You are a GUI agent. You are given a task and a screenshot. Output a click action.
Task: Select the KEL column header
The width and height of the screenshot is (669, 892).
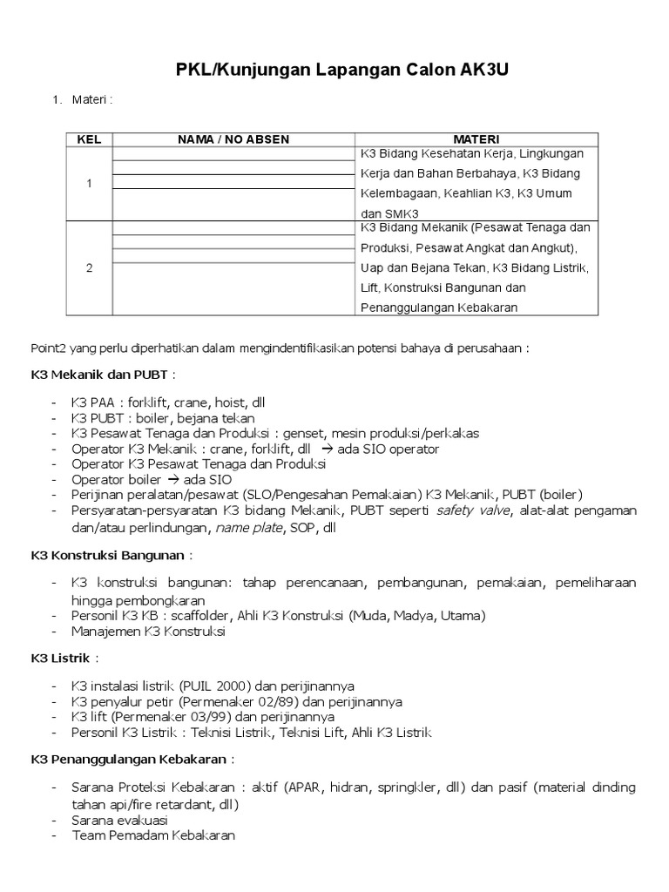[89, 139]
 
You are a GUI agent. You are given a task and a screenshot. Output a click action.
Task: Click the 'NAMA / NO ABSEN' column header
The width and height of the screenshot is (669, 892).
[233, 139]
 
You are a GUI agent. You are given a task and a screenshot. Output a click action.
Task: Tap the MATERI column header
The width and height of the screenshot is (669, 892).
[476, 139]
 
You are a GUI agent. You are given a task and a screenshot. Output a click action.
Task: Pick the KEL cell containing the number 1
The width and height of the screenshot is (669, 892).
[89, 184]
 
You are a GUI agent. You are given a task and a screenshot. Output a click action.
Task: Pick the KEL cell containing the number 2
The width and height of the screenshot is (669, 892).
[89, 267]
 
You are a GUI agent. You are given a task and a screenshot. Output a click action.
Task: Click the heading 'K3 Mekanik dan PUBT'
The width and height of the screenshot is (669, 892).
[99, 375]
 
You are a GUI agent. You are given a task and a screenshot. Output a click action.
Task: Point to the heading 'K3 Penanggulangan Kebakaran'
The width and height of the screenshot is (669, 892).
[129, 758]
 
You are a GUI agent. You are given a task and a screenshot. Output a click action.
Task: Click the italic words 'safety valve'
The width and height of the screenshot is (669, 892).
[470, 510]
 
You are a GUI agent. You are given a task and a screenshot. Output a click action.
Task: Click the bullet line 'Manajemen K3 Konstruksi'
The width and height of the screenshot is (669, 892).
[148, 632]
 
